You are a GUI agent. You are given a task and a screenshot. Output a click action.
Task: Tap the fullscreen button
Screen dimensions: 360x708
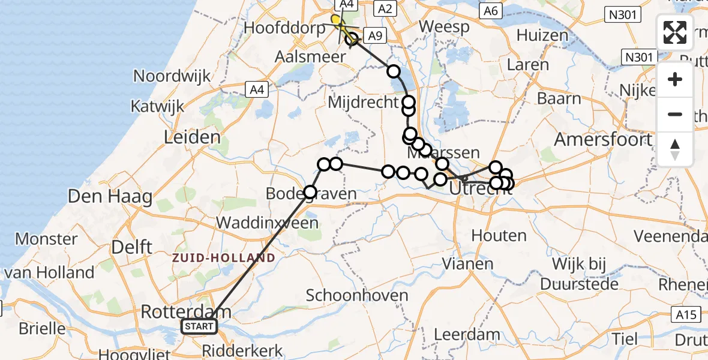tap(675, 32)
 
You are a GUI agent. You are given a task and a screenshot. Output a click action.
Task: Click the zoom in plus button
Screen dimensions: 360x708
tap(675, 79)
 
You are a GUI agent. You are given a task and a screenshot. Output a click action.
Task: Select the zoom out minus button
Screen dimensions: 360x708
tap(675, 114)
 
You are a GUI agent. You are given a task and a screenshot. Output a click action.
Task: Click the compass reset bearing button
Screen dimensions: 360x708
tap(675, 149)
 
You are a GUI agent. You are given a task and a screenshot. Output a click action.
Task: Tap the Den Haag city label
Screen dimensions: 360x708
tap(110, 196)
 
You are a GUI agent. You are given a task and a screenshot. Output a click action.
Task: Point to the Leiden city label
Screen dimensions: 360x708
tap(193, 137)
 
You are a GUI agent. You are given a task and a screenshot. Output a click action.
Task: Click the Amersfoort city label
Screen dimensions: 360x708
tap(603, 140)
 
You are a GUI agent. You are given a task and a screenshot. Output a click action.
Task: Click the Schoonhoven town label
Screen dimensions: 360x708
tap(357, 295)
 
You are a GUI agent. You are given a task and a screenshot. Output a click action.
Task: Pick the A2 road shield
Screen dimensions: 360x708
tap(384, 8)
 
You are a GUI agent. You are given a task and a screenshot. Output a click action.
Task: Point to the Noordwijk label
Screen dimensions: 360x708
tap(172, 76)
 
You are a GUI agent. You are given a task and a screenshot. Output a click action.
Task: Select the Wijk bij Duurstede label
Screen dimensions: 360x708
tap(580, 274)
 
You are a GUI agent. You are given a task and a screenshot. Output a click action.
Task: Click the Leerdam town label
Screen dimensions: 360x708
tap(466, 334)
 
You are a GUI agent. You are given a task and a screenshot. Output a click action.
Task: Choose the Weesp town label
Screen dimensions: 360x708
tap(443, 26)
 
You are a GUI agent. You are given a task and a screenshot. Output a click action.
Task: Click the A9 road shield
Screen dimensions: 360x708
tap(374, 36)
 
